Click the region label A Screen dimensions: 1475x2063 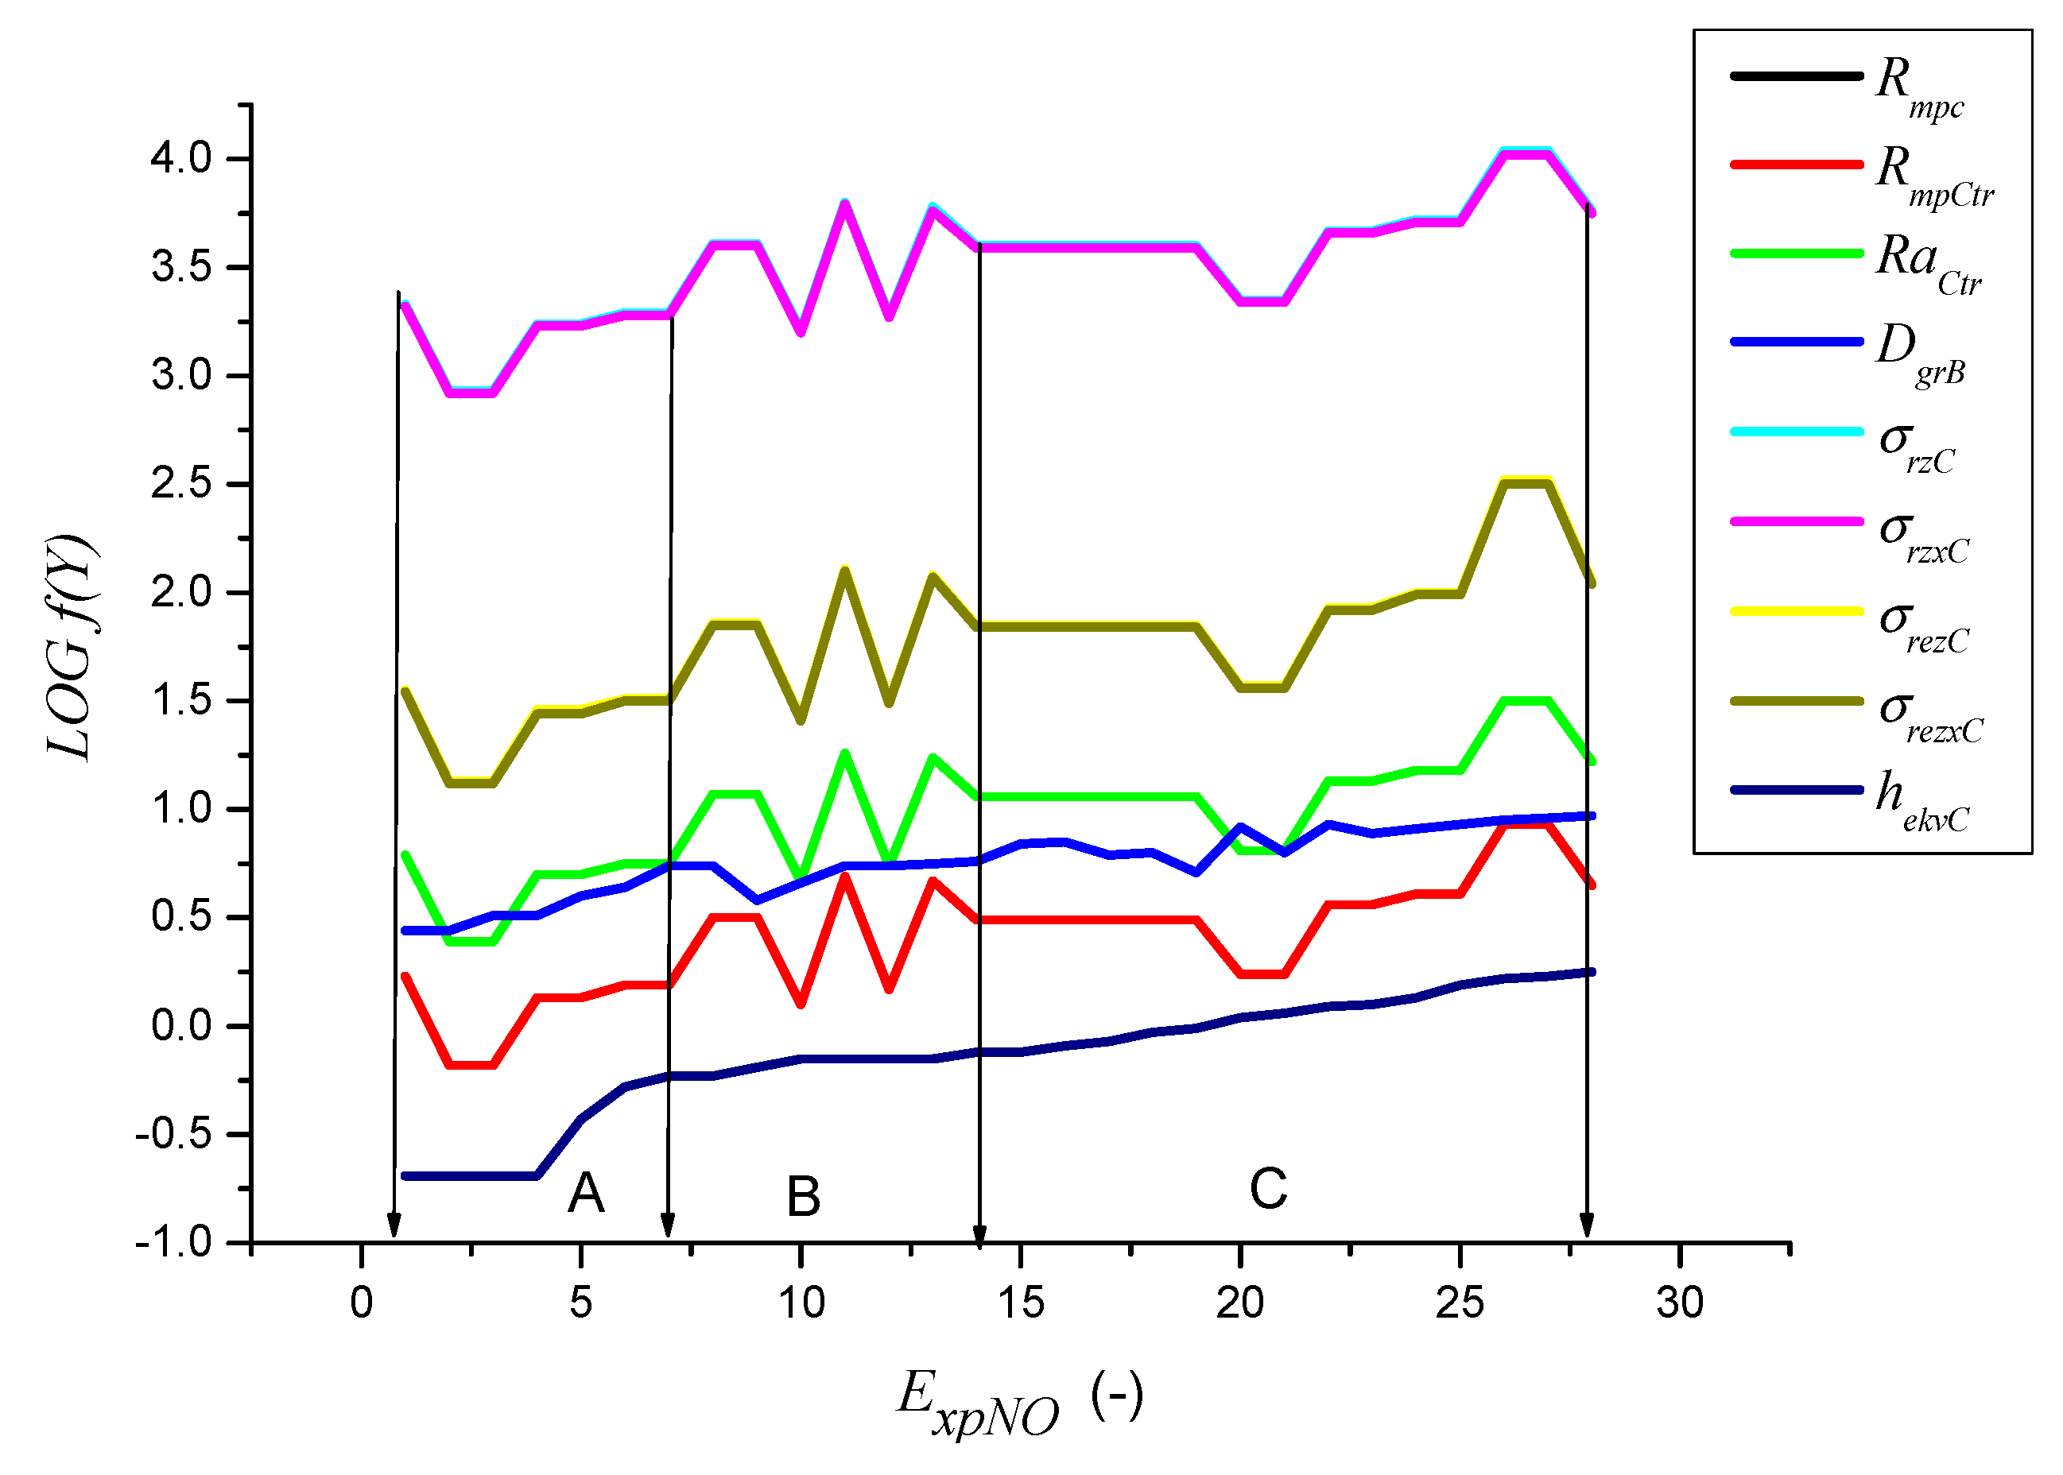point(586,1193)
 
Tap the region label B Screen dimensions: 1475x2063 point(803,1196)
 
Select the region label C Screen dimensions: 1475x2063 point(1268,1188)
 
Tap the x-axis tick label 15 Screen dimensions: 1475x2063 point(1020,1303)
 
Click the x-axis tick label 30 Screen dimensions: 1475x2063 point(1680,1303)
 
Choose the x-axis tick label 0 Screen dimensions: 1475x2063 point(362,1303)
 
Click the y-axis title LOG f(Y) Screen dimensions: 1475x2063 point(71,647)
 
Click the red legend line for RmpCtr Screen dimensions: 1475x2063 point(1796,165)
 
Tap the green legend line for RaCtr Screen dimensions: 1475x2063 point(1796,254)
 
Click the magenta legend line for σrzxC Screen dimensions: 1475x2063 point(1796,521)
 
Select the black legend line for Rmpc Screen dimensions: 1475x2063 point(1796,76)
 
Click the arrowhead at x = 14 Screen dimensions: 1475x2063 point(979,1235)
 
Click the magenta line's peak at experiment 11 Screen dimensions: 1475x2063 point(844,204)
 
